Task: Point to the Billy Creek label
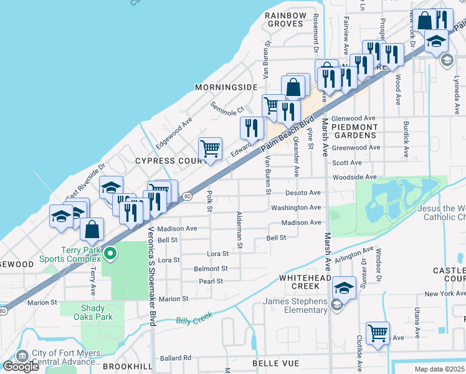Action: (194, 319)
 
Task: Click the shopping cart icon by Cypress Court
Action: (210, 148)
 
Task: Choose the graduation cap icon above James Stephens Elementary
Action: (343, 287)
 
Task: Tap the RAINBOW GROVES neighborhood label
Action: (285, 19)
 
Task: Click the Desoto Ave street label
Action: (303, 193)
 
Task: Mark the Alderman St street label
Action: (239, 231)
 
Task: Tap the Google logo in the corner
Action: (21, 366)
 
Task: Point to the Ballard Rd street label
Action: (175, 358)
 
